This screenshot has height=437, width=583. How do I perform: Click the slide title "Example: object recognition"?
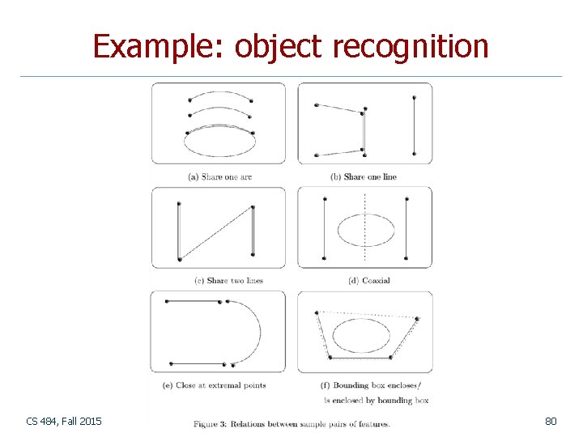pos(291,46)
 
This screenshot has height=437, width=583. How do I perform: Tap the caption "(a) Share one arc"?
pos(219,176)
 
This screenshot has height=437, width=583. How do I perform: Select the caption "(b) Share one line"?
pos(364,176)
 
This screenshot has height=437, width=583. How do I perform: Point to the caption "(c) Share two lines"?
pos(229,281)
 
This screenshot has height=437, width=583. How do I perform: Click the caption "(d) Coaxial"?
pos(368,281)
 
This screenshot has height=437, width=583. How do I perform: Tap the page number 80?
pos(551,421)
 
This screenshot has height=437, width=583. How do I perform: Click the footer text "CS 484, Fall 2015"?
pos(64,421)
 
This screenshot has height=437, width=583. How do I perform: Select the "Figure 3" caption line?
pos(291,423)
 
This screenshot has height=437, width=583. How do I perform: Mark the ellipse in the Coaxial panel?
pos(365,230)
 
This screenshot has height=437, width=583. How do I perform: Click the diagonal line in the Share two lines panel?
pos(215,233)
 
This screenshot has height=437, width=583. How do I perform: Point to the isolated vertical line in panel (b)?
pos(414,125)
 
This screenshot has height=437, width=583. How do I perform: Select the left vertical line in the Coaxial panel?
pos(323,229)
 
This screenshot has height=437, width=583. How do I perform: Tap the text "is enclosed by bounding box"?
pos(376,400)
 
